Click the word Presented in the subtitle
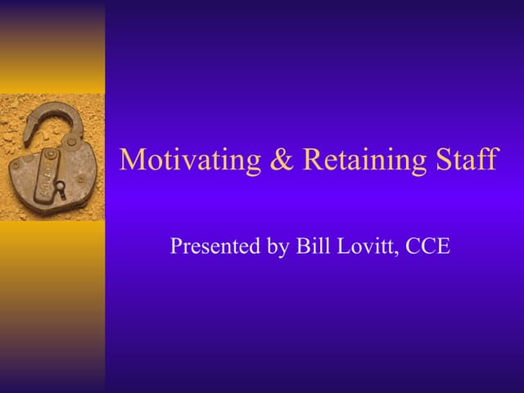point(210,246)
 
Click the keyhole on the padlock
point(59,187)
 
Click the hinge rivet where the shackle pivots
point(70,142)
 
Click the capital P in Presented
point(176,245)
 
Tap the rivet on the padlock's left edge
point(15,165)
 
